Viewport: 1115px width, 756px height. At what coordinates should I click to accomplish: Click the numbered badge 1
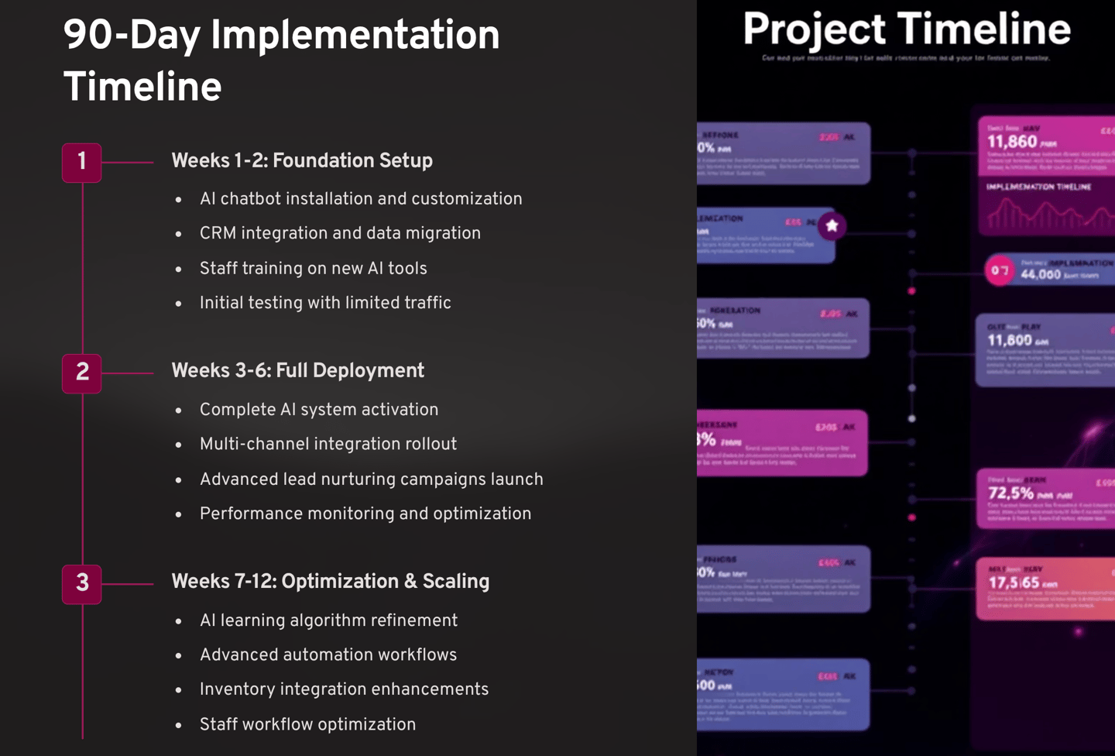pos(81,163)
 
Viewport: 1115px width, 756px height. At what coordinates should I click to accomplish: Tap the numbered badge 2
pos(81,373)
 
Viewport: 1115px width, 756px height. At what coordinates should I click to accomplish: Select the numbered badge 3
pos(81,583)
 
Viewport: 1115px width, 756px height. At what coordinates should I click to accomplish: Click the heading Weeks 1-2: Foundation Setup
pos(301,161)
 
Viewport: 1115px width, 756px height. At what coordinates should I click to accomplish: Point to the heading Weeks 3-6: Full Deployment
pos(297,371)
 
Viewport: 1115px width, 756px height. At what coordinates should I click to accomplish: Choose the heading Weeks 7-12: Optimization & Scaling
pos(330,582)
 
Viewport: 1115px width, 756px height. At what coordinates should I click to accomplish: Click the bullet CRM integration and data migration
pos(340,234)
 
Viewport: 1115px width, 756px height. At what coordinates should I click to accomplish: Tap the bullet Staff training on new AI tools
pos(313,269)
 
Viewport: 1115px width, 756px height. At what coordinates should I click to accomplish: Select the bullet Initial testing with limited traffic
pos(325,304)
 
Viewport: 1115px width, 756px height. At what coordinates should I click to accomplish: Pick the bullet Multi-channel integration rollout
pos(328,445)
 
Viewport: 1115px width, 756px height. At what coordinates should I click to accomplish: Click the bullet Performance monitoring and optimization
pos(365,514)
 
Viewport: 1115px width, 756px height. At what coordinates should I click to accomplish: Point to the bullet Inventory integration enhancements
pos(344,690)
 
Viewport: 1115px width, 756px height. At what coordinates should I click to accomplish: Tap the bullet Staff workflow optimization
pos(307,725)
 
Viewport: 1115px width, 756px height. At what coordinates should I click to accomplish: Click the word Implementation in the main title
pos(355,36)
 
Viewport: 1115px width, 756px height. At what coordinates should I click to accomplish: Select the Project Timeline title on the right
pos(907,29)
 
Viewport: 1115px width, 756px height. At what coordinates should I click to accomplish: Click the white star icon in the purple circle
pos(832,226)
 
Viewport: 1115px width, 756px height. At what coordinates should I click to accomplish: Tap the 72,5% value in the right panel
pos(1010,493)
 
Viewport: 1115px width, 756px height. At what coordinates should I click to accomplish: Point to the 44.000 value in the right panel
pos(1040,274)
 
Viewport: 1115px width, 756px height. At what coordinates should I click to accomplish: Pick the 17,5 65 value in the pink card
pos(1014,582)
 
